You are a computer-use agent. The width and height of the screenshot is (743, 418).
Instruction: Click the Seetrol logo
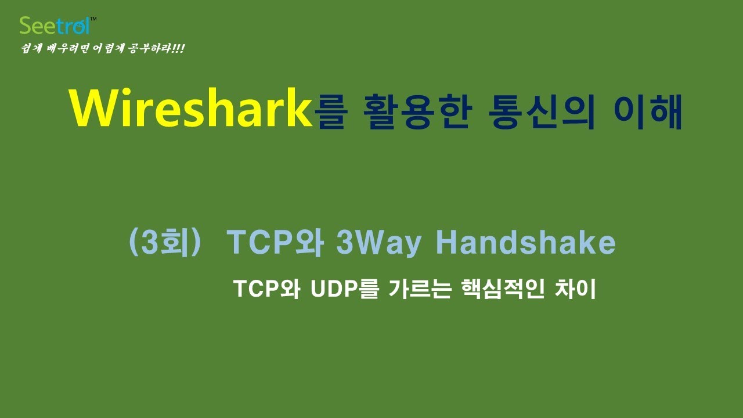(x=55, y=26)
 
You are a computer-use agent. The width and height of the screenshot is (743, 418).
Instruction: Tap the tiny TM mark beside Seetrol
(x=94, y=19)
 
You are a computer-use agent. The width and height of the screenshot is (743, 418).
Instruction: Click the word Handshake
(x=525, y=243)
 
